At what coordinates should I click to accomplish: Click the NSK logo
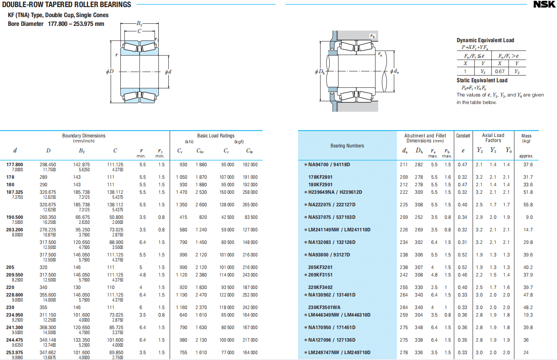(544, 5)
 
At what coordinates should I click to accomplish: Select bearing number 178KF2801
(320, 177)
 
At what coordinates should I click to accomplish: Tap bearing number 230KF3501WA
(324, 307)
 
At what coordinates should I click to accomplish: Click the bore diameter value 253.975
(15, 352)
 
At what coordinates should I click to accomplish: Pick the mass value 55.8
(528, 205)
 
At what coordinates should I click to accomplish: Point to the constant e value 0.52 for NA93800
(462, 255)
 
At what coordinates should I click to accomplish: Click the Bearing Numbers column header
(347, 146)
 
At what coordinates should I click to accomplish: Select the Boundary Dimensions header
(84, 136)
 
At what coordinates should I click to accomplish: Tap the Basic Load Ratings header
(216, 136)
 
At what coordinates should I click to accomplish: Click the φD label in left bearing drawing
(109, 71)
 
